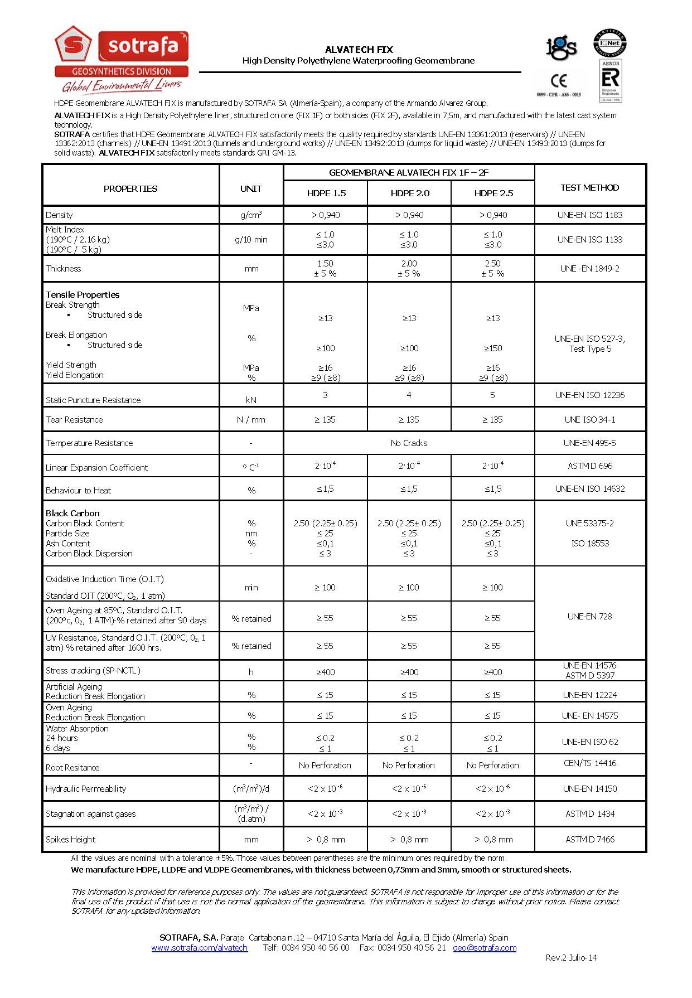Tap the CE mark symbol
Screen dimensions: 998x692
(x=559, y=81)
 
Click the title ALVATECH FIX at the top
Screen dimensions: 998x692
(x=359, y=50)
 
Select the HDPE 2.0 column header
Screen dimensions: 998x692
(x=410, y=193)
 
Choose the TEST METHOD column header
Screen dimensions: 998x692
(x=589, y=187)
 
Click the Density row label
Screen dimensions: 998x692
(x=59, y=215)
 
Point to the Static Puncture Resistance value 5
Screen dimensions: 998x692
(x=492, y=395)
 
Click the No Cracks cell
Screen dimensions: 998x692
(x=409, y=443)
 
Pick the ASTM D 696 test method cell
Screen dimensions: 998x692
(x=590, y=466)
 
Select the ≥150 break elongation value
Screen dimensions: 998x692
(x=492, y=348)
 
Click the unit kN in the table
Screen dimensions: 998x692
(x=251, y=400)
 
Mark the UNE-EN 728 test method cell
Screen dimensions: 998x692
(x=589, y=616)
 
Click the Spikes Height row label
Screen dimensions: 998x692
(x=70, y=839)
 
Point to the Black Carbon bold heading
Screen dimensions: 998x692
(x=72, y=513)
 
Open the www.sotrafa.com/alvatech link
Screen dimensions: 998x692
(x=199, y=947)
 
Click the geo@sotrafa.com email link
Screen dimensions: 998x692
(x=484, y=947)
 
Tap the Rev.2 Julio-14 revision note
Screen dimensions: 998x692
(x=570, y=957)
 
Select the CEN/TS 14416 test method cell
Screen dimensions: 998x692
(x=589, y=763)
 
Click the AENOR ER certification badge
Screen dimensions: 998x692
(x=611, y=81)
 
